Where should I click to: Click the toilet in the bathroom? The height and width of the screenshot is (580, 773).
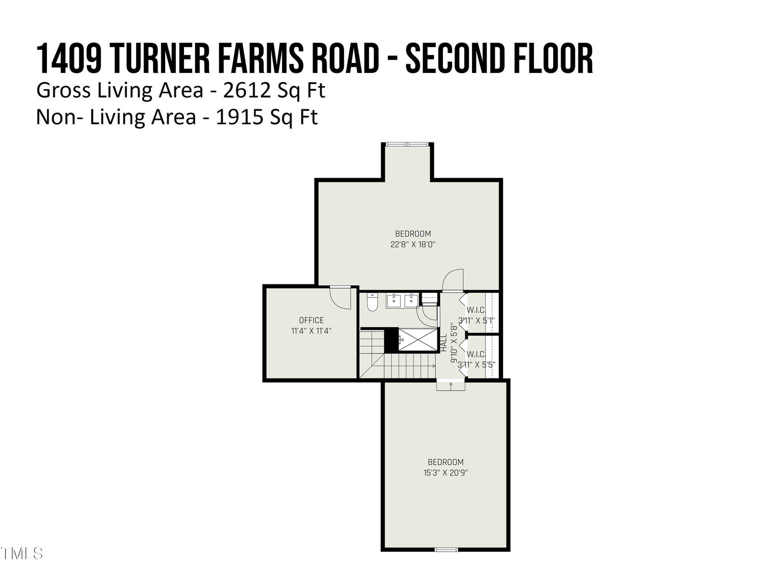coord(372,302)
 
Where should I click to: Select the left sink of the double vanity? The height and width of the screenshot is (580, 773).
coord(393,301)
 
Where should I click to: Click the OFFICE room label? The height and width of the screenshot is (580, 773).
coord(311,320)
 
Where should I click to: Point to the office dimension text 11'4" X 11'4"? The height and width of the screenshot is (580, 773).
coord(311,331)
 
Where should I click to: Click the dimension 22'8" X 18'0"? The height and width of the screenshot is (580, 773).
coord(413,245)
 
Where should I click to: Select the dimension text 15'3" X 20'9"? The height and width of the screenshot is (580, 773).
coord(445,473)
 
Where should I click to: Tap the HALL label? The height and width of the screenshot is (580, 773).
coord(444,343)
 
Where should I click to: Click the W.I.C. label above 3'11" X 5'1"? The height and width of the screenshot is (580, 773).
coord(476,310)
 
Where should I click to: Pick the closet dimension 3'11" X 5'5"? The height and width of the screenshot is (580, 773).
coord(476,365)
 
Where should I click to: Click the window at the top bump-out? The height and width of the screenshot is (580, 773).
coord(407,144)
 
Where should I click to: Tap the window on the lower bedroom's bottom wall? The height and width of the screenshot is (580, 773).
coord(446,550)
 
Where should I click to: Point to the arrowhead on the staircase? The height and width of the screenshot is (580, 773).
coord(434,366)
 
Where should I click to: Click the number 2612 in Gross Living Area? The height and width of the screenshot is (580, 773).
coord(247,90)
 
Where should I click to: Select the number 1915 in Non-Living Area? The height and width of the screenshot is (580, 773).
coord(240,117)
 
